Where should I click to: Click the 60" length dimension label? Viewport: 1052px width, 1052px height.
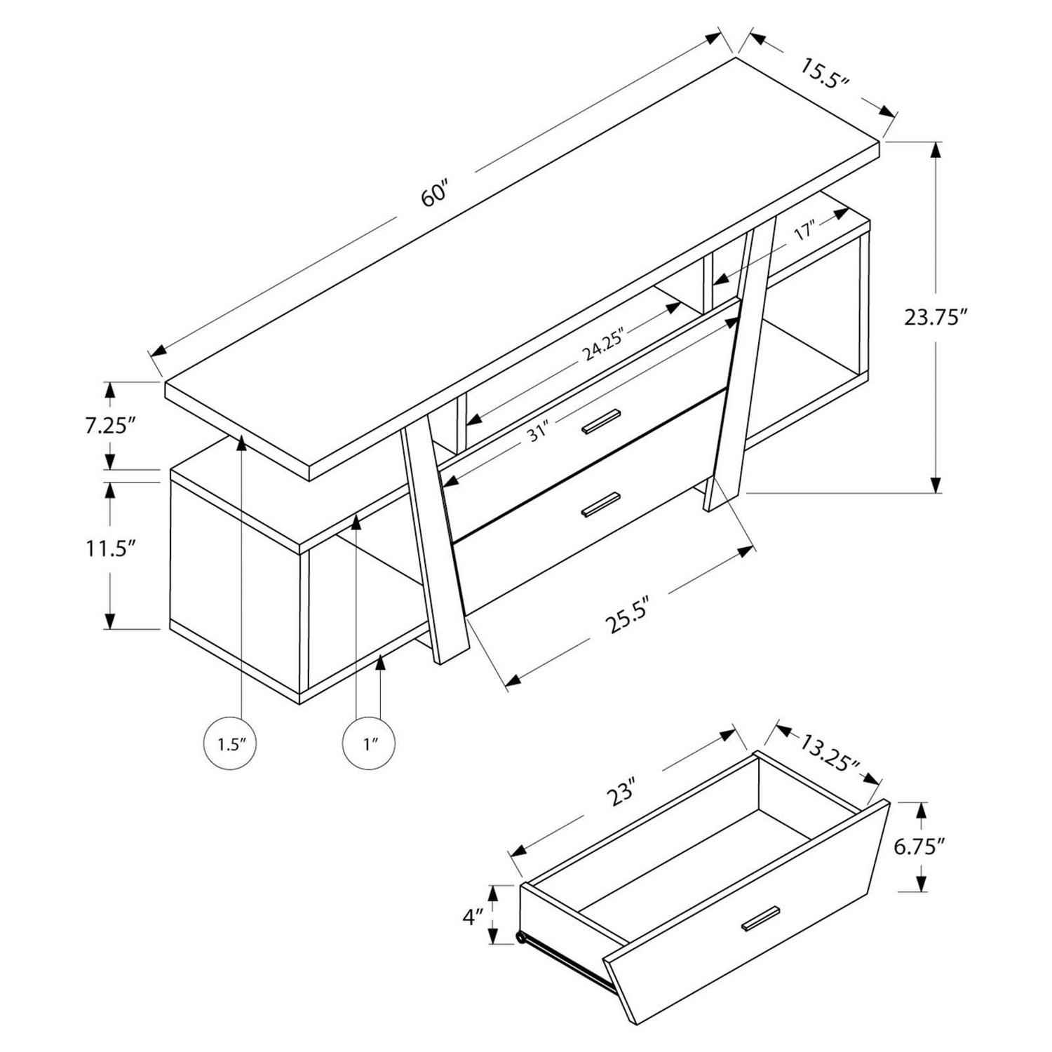coord(434,194)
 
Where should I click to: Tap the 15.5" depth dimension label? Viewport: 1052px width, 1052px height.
coord(825,74)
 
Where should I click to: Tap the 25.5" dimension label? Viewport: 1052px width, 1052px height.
coord(623,614)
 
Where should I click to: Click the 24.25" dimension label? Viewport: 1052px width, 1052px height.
coord(602,344)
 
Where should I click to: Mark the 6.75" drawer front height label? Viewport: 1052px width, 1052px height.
coord(919,847)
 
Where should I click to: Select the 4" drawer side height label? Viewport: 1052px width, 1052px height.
coord(472,915)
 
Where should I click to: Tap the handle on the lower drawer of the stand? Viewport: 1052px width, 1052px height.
coord(600,504)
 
